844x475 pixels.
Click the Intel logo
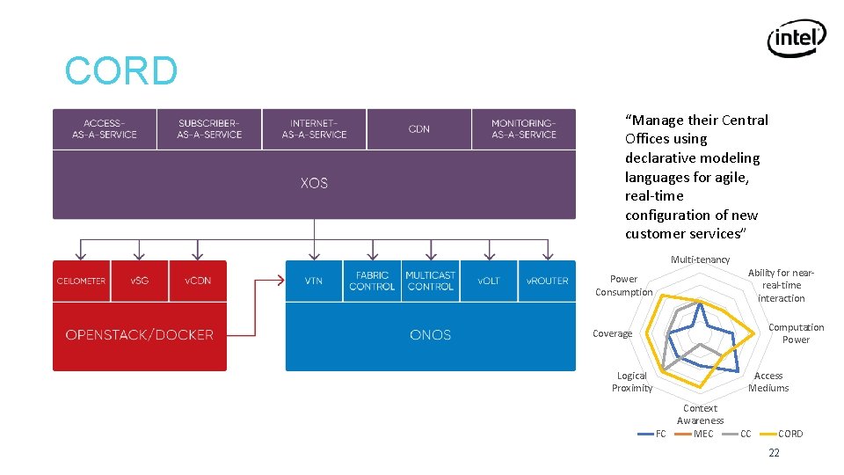coord(797,39)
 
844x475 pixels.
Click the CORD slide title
coord(121,71)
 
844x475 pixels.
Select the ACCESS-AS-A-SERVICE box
coord(105,129)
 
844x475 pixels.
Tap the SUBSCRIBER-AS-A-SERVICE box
coord(209,129)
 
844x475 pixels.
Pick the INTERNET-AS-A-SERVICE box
coord(314,129)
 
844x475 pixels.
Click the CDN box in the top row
coord(419,129)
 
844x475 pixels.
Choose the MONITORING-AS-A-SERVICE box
coord(524,129)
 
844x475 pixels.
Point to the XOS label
coord(314,183)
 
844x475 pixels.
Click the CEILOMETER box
coord(81,281)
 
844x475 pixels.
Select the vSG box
coord(139,281)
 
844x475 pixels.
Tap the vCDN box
coord(198,281)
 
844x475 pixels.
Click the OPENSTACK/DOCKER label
coord(140,335)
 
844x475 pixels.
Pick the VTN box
coord(314,281)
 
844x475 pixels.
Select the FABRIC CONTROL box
coord(372,281)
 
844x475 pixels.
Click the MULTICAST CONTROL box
coord(431,281)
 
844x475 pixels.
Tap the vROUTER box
coord(547,281)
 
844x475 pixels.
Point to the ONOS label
coord(431,335)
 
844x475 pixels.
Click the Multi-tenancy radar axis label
coord(700,259)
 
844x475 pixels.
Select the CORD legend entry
coord(789,434)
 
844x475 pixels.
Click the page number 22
coord(774,453)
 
